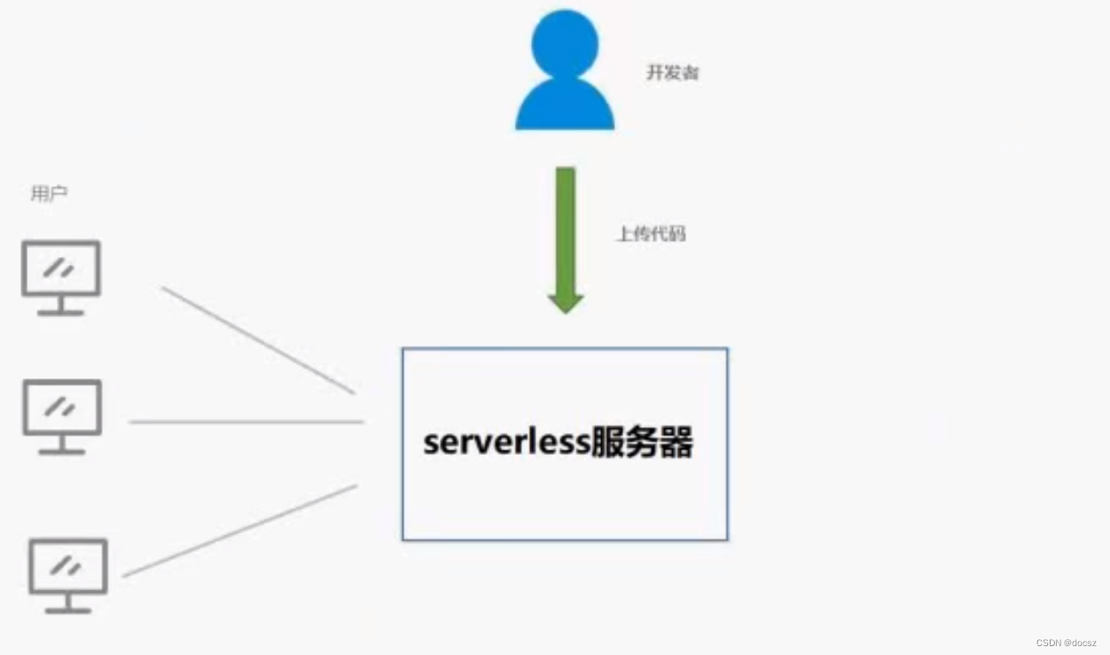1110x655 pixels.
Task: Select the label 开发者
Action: pyautogui.click(x=672, y=73)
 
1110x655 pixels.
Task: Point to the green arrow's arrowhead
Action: pyautogui.click(x=565, y=301)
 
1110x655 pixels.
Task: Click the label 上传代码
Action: pyautogui.click(x=651, y=234)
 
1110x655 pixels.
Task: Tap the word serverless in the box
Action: pyautogui.click(x=505, y=442)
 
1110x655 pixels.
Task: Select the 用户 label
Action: pyautogui.click(x=49, y=194)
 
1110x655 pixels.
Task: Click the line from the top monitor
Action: pyautogui.click(x=258, y=339)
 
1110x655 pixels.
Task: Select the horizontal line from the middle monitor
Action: pyautogui.click(x=246, y=422)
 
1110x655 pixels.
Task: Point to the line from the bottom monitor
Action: pyautogui.click(x=239, y=531)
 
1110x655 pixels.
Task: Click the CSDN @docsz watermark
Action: pyautogui.click(x=1067, y=642)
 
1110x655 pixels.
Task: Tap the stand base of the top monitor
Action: pyautogui.click(x=60, y=312)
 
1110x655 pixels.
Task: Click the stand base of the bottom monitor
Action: pyautogui.click(x=68, y=610)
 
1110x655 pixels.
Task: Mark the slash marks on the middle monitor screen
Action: pyautogui.click(x=61, y=407)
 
